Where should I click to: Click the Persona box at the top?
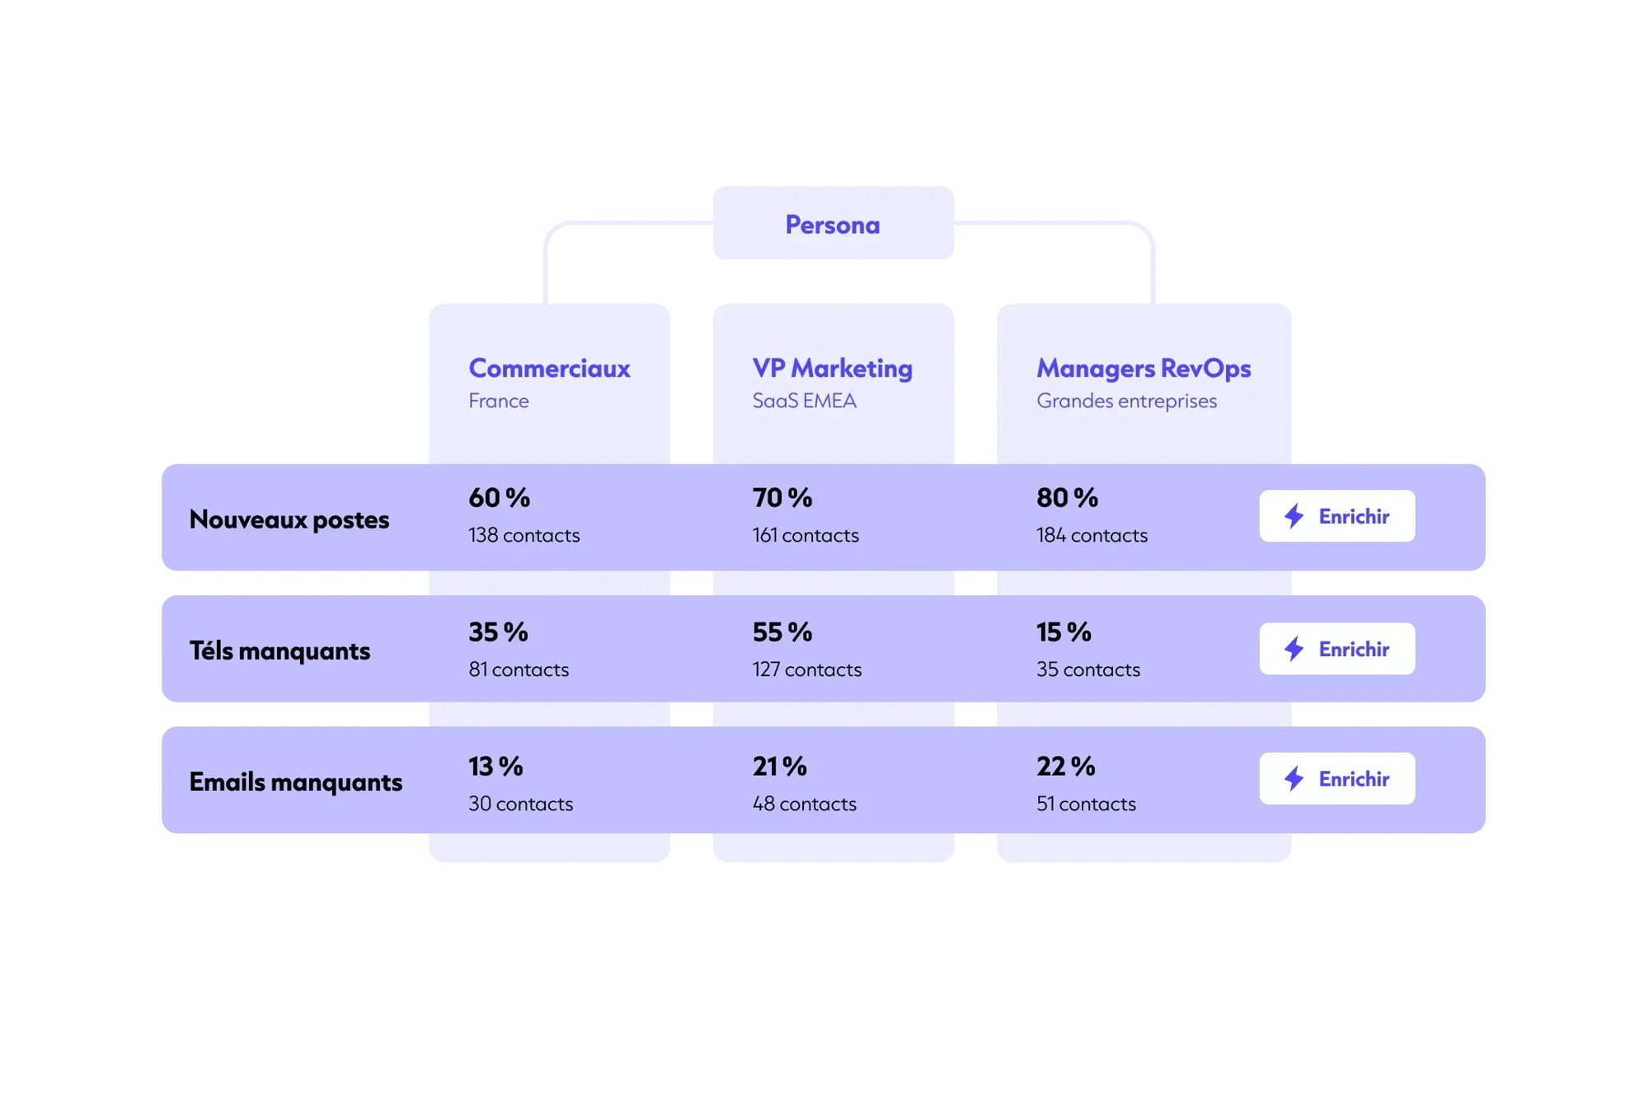(x=833, y=223)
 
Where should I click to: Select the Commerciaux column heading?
(x=549, y=368)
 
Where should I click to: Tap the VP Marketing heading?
(x=832, y=369)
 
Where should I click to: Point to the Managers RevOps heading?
(x=1144, y=369)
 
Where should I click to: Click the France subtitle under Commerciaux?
(x=499, y=401)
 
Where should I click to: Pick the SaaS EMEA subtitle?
(x=804, y=401)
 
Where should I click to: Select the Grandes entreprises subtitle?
(x=1126, y=402)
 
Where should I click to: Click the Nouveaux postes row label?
(x=289, y=519)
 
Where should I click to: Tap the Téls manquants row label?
(x=280, y=650)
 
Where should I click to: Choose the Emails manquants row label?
(x=296, y=782)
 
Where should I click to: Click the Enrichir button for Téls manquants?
(x=1337, y=649)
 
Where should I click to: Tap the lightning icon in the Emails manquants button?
(x=1294, y=778)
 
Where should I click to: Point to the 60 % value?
(x=499, y=498)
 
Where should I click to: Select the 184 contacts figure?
(x=1092, y=535)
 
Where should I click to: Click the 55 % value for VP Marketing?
(x=782, y=632)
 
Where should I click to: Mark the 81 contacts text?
(x=519, y=669)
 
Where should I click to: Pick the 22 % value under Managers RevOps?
(x=1065, y=767)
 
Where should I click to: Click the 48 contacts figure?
(x=804, y=804)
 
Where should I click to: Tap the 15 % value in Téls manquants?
(x=1064, y=632)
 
